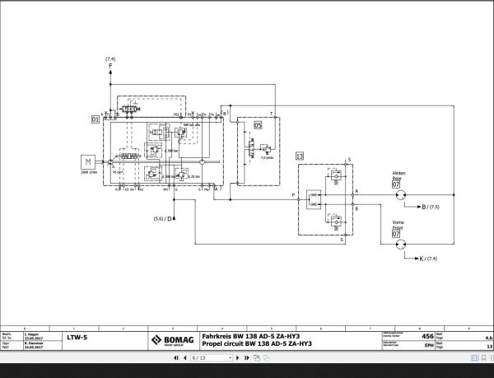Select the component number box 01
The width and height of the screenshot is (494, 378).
coord(96,120)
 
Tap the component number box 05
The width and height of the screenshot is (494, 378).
coord(257,125)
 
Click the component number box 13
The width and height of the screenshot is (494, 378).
coord(300,155)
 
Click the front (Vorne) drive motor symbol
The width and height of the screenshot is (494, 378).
coord(399,245)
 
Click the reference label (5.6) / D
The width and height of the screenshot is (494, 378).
coord(165,218)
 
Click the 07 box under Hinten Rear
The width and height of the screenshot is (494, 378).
coord(396,184)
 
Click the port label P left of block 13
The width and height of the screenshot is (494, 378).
coord(294,194)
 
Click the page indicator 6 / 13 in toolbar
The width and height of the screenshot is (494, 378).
coord(198,358)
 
